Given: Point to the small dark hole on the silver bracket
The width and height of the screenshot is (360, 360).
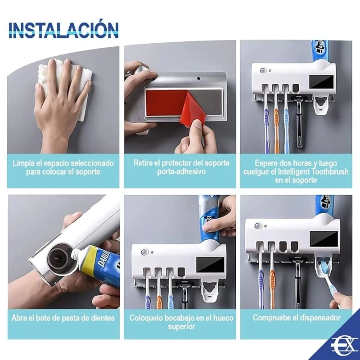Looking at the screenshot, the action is tap(198, 78).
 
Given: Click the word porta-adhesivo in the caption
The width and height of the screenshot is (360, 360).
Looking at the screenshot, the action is tap(181, 171).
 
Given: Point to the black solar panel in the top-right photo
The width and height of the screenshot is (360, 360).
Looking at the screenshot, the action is tap(321, 81).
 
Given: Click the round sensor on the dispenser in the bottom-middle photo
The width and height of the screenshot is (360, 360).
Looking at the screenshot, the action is tap(144, 252).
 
